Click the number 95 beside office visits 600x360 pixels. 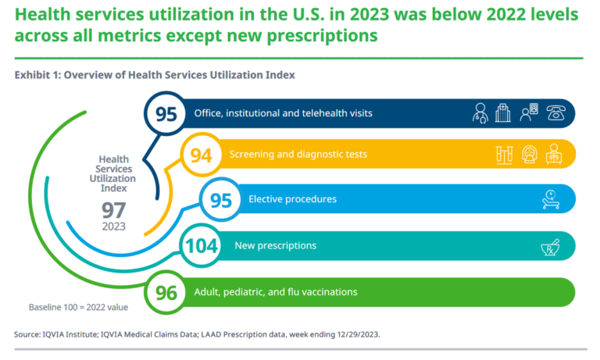tap(166, 114)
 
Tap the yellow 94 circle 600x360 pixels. tap(202, 155)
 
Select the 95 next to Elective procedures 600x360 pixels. tap(221, 200)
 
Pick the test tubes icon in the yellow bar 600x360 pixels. tap(504, 155)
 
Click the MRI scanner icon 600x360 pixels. tap(529, 155)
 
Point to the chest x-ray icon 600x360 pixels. tap(555, 155)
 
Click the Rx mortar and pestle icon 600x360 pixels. tap(552, 247)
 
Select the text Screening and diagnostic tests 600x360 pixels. tap(298, 155)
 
